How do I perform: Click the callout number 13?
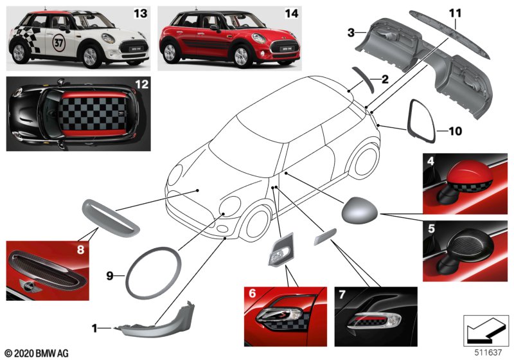[x=139, y=12]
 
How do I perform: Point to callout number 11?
[x=455, y=13]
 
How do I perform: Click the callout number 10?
[x=455, y=132]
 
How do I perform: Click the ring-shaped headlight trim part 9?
[x=154, y=270]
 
